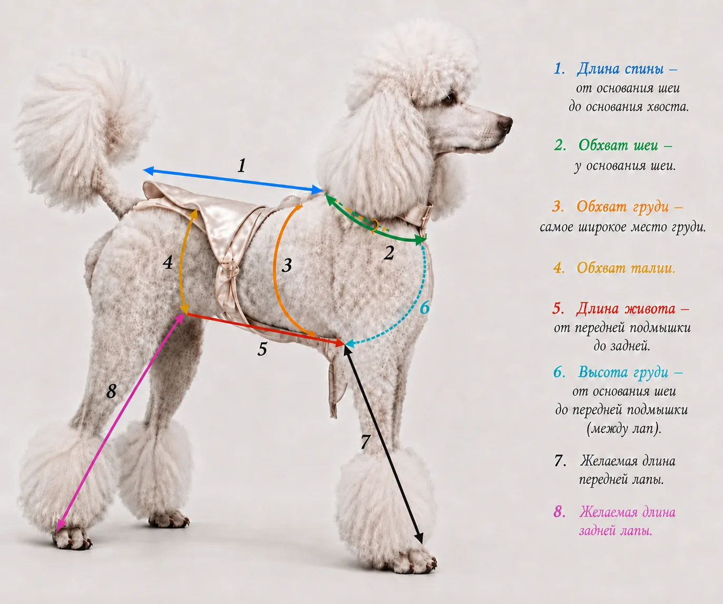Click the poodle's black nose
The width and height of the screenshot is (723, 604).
tap(504, 123)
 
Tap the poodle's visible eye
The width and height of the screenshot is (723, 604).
tap(449, 99)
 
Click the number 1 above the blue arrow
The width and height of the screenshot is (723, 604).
tap(242, 165)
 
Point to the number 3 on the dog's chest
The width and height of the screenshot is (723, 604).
tap(287, 265)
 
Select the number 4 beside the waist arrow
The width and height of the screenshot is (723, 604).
tap(168, 262)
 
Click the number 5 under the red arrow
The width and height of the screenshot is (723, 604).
tap(262, 349)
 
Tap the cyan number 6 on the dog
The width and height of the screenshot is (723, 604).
tap(425, 307)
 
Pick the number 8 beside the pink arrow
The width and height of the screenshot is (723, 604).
tap(111, 392)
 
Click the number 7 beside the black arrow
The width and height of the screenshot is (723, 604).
tap(366, 441)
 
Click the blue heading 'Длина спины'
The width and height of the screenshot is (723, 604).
tap(620, 69)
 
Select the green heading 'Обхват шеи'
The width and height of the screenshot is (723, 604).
tap(618, 145)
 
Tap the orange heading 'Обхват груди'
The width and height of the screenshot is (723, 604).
tap(622, 207)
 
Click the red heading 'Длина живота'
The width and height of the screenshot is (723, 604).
tap(626, 308)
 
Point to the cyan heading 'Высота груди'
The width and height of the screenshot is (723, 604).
tap(623, 372)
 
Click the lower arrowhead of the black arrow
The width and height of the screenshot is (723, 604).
tap(419, 539)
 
